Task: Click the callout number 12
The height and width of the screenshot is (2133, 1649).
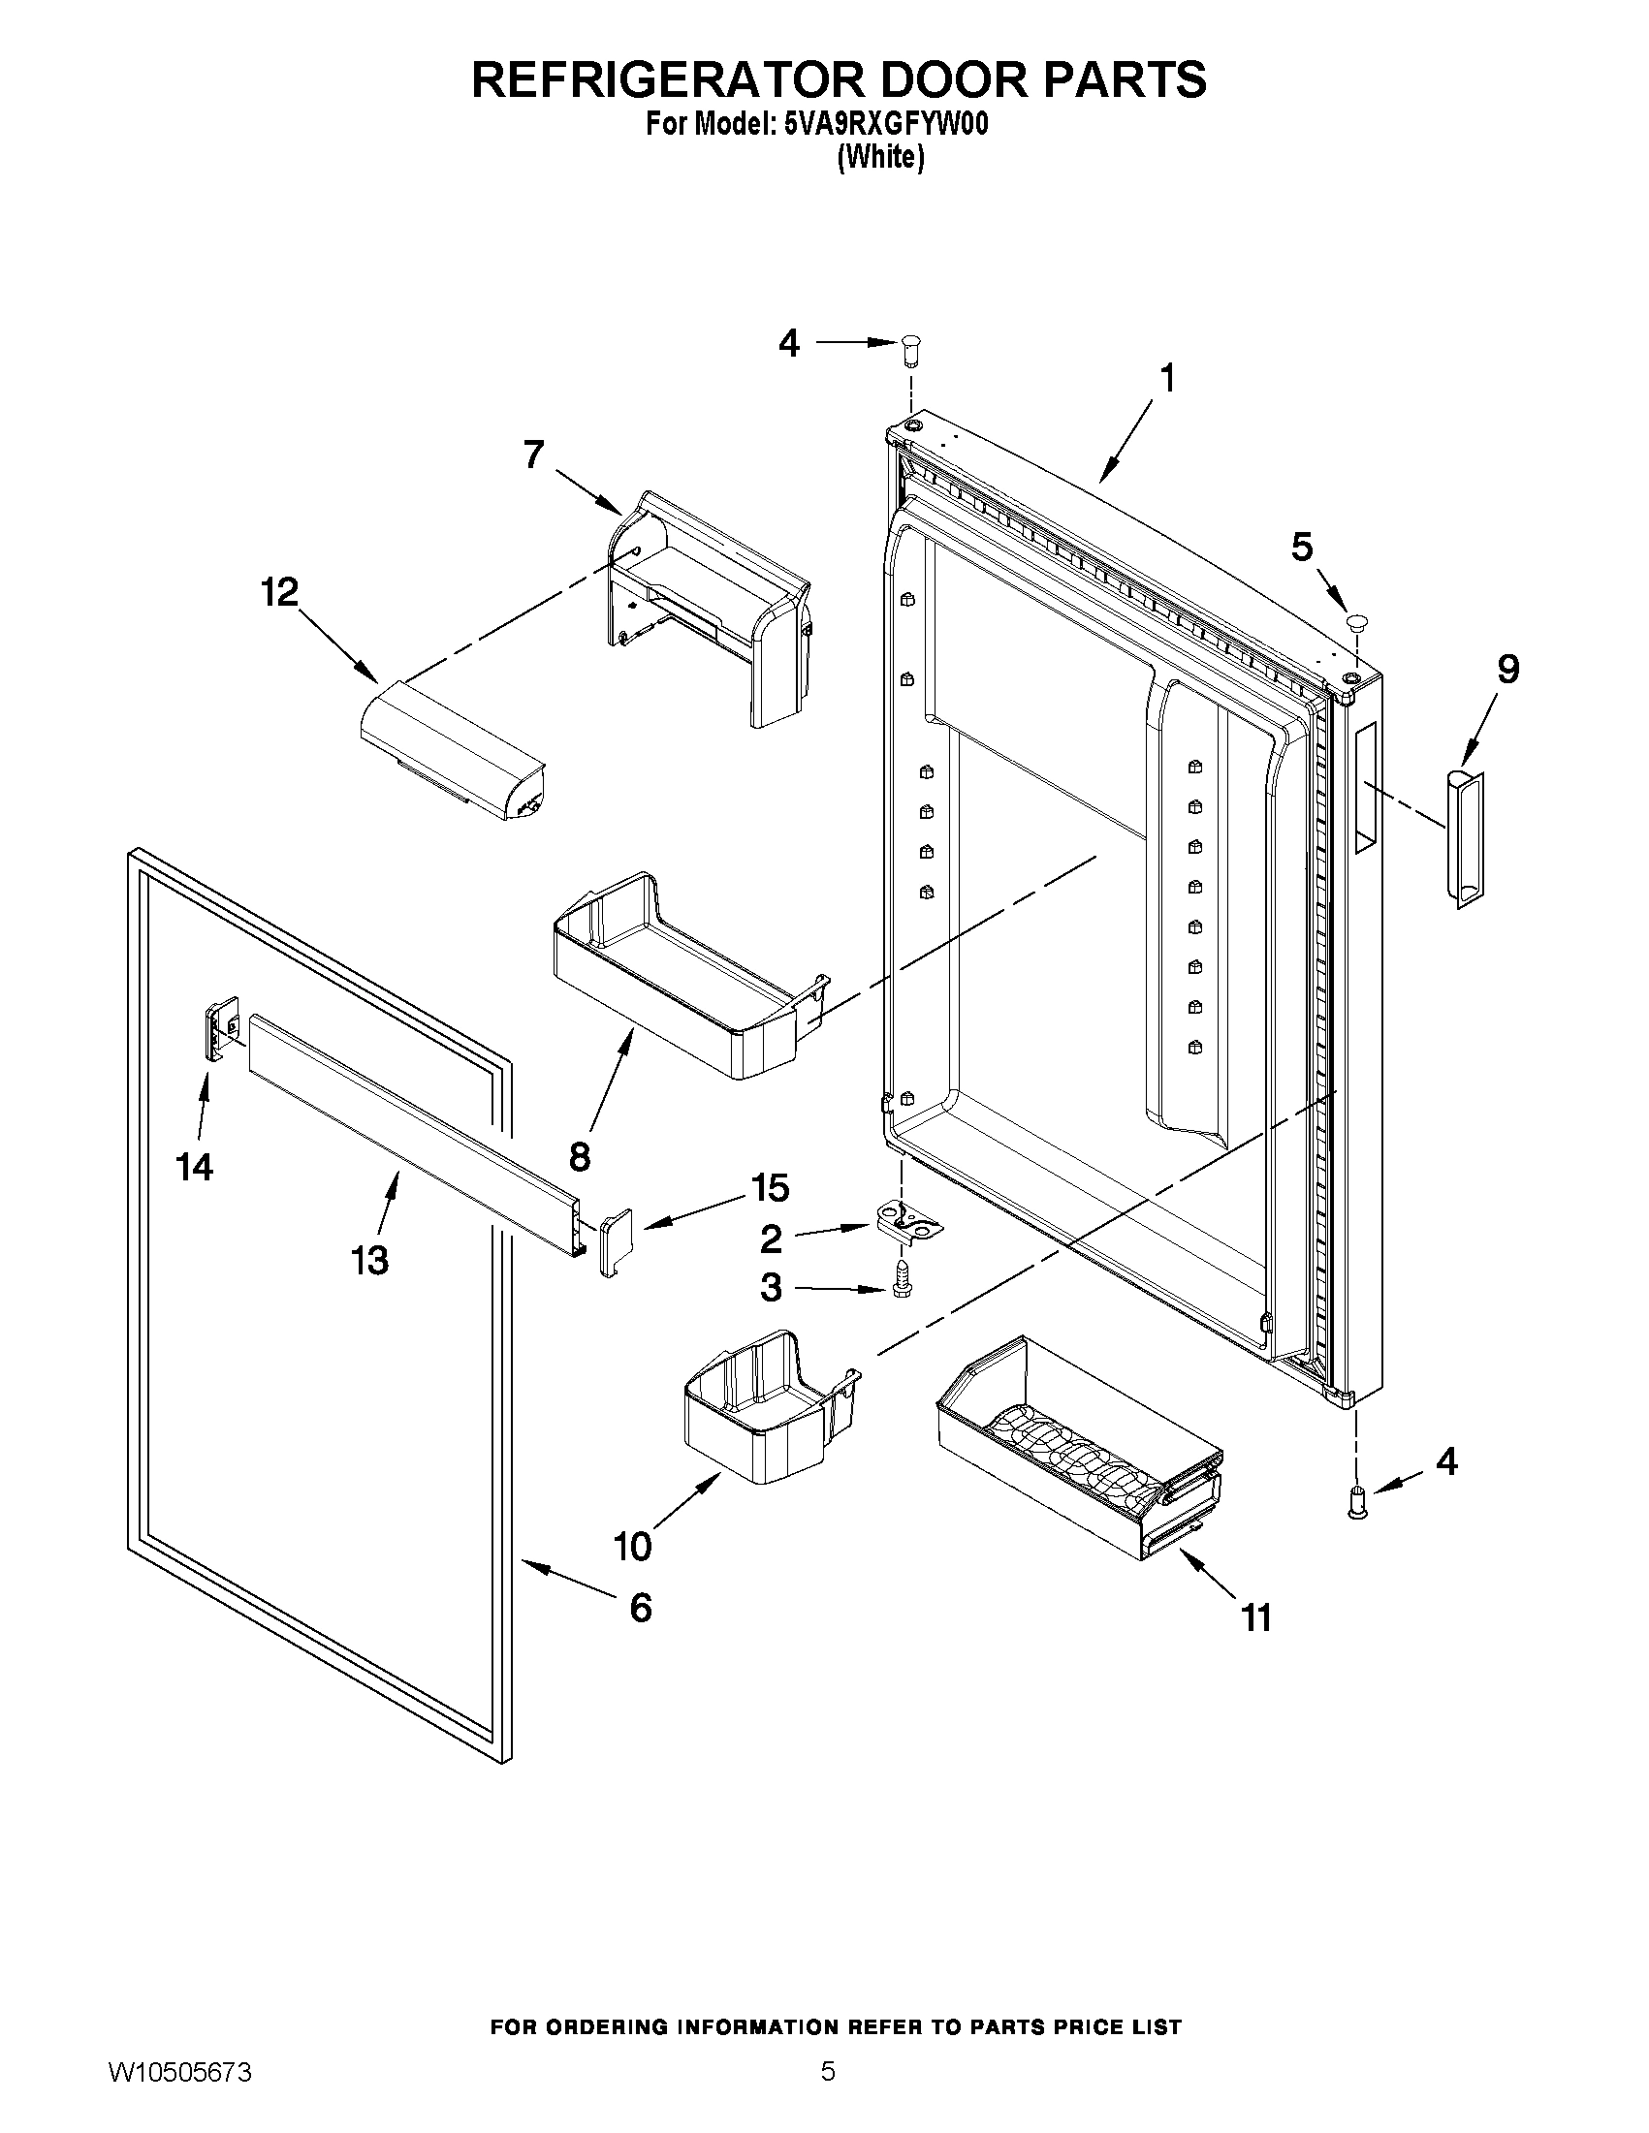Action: pos(279,592)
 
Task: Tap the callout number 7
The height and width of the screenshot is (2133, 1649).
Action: pos(533,455)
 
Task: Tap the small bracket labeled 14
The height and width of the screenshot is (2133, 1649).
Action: pos(221,1024)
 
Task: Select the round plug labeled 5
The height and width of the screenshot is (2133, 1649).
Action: pos(1357,620)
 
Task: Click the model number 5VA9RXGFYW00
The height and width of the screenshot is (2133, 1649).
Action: pos(886,125)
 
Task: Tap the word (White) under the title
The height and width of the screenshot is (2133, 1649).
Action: pos(880,156)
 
